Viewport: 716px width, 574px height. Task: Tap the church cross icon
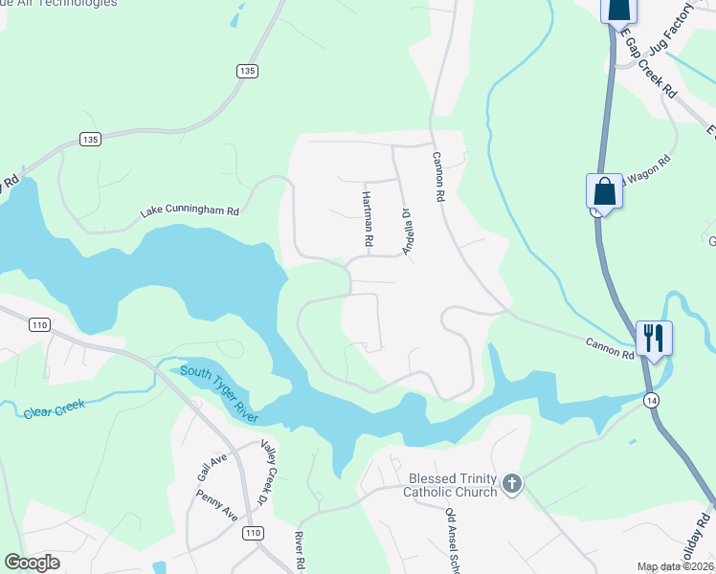click(512, 484)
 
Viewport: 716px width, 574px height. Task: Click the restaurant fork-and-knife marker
click(654, 338)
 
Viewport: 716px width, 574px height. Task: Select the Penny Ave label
click(216, 505)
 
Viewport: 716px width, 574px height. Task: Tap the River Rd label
click(299, 552)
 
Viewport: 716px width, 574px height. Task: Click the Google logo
click(32, 563)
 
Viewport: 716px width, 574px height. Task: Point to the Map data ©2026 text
click(674, 566)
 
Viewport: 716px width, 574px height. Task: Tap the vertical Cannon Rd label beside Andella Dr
click(439, 177)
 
